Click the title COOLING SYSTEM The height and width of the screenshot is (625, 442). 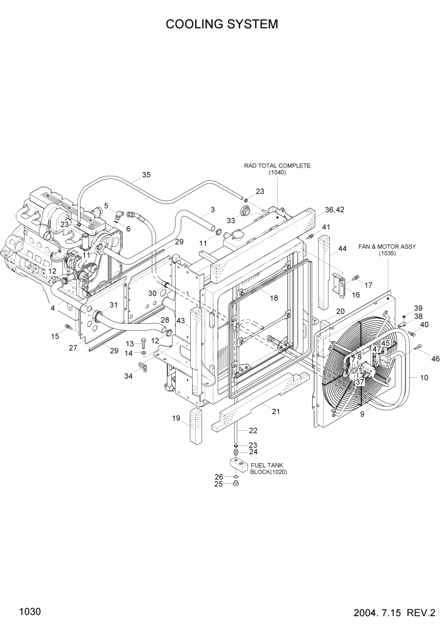click(x=221, y=25)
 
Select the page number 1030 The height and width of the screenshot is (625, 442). click(x=30, y=611)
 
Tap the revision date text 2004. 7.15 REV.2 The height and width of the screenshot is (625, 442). click(x=390, y=612)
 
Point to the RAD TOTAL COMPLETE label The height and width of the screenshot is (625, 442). click(x=278, y=166)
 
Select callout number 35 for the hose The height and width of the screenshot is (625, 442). click(x=146, y=175)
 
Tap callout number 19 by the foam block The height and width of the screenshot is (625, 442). click(x=176, y=418)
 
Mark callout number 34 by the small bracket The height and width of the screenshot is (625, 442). click(x=129, y=377)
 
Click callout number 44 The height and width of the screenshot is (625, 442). click(x=343, y=249)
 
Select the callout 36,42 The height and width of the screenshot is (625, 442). click(x=334, y=210)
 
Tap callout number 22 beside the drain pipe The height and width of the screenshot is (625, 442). click(x=253, y=431)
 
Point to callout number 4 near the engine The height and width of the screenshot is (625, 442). click(x=53, y=309)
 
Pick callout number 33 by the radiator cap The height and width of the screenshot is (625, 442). click(x=230, y=221)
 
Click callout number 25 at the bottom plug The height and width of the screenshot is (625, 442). click(x=219, y=484)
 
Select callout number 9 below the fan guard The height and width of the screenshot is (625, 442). click(x=361, y=415)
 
